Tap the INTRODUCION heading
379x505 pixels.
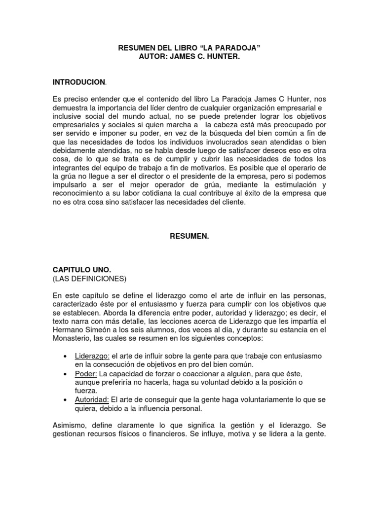coord(79,81)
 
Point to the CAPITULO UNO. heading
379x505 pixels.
coord(82,270)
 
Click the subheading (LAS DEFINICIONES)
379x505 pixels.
coord(89,279)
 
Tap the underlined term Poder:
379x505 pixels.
coord(86,373)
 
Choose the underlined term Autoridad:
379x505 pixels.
coord(92,400)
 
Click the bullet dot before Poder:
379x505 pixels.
coord(66,374)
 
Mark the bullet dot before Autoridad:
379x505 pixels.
coord(66,400)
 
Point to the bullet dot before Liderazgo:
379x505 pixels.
coord(66,356)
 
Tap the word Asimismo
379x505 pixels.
coord(70,426)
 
